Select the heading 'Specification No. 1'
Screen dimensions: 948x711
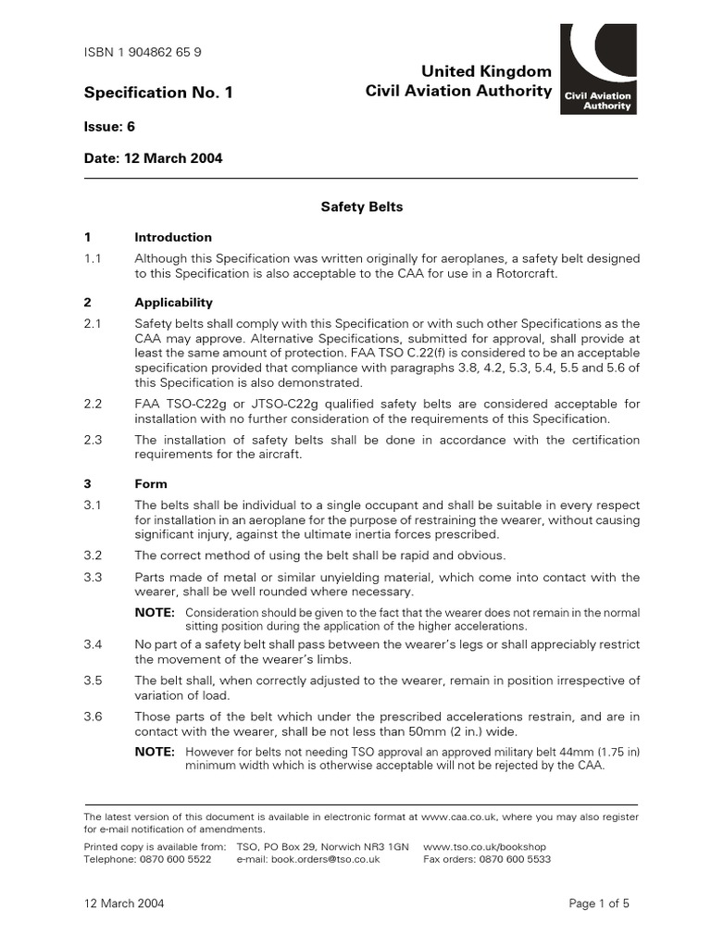[158, 93]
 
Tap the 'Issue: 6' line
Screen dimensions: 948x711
[110, 126]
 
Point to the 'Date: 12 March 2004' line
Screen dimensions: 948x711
[153, 158]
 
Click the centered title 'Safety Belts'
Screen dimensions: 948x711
[361, 206]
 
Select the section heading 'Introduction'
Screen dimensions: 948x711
[173, 237]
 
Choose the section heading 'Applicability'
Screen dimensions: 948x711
[173, 303]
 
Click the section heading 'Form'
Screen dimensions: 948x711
[151, 483]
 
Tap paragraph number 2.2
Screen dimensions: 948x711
[93, 405]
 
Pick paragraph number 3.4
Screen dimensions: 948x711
[93, 643]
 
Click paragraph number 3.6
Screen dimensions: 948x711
[93, 717]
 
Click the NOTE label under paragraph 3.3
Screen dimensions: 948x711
[155, 613]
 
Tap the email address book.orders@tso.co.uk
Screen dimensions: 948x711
[321, 859]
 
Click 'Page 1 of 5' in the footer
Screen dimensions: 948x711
[598, 903]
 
